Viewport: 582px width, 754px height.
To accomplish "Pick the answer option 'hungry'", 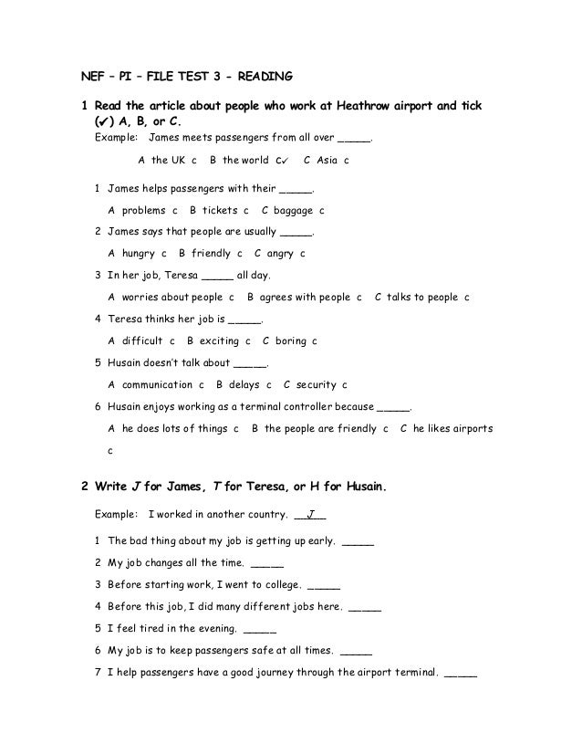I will tap(139, 254).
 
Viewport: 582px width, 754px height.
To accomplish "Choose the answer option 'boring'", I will tap(290, 340).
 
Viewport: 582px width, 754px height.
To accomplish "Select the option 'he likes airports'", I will tap(452, 428).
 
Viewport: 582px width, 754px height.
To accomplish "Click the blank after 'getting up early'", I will tap(357, 542).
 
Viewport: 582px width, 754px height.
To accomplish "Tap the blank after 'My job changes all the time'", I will tap(266, 564).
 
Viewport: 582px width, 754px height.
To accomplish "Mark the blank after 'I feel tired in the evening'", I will tap(260, 630).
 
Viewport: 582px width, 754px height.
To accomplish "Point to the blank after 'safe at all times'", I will tap(356, 652).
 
